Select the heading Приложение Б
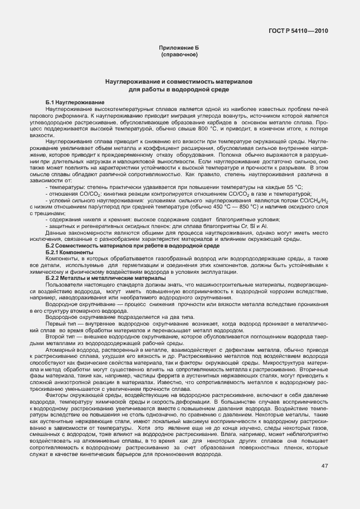click(179, 50)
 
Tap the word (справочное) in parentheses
click(179, 56)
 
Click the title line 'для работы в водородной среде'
click(179, 89)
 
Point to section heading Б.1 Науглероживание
click(75, 103)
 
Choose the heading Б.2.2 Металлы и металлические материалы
click(105, 277)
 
